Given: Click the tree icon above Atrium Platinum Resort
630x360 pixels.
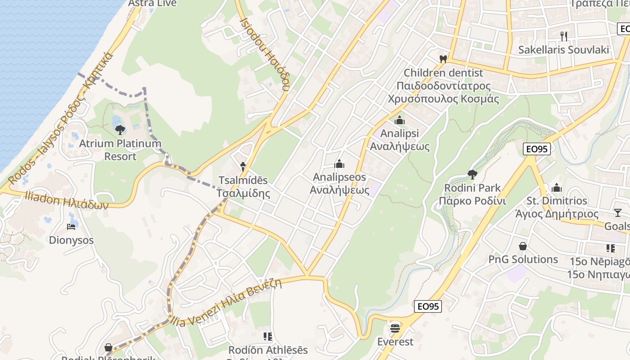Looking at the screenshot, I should click(120, 130).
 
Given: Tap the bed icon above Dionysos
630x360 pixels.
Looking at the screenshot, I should click(71, 226).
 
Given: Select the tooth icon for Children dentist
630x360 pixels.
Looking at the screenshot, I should click(443, 59).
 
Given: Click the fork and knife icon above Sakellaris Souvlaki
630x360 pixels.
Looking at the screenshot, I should click(563, 36).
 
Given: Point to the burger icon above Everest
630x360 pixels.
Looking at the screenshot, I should click(395, 328).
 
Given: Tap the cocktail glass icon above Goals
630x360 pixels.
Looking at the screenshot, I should click(617, 212).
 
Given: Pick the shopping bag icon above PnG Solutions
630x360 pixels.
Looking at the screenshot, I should click(523, 246).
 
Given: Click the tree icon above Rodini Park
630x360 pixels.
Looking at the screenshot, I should click(472, 174).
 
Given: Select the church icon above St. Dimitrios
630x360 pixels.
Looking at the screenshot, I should click(557, 187).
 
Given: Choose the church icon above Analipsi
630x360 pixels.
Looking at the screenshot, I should click(399, 120).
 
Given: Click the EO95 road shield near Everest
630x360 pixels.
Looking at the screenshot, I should click(427, 306).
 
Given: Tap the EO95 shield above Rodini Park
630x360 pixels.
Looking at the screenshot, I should click(537, 149).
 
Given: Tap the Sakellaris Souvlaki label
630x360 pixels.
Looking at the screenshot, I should click(563, 49).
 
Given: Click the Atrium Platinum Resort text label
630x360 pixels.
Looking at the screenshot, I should click(120, 150).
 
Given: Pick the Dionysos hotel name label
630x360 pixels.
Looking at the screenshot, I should click(71, 240).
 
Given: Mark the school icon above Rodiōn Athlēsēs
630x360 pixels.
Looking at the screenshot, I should click(268, 337).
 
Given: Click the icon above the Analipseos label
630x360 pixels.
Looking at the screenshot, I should click(339, 164).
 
